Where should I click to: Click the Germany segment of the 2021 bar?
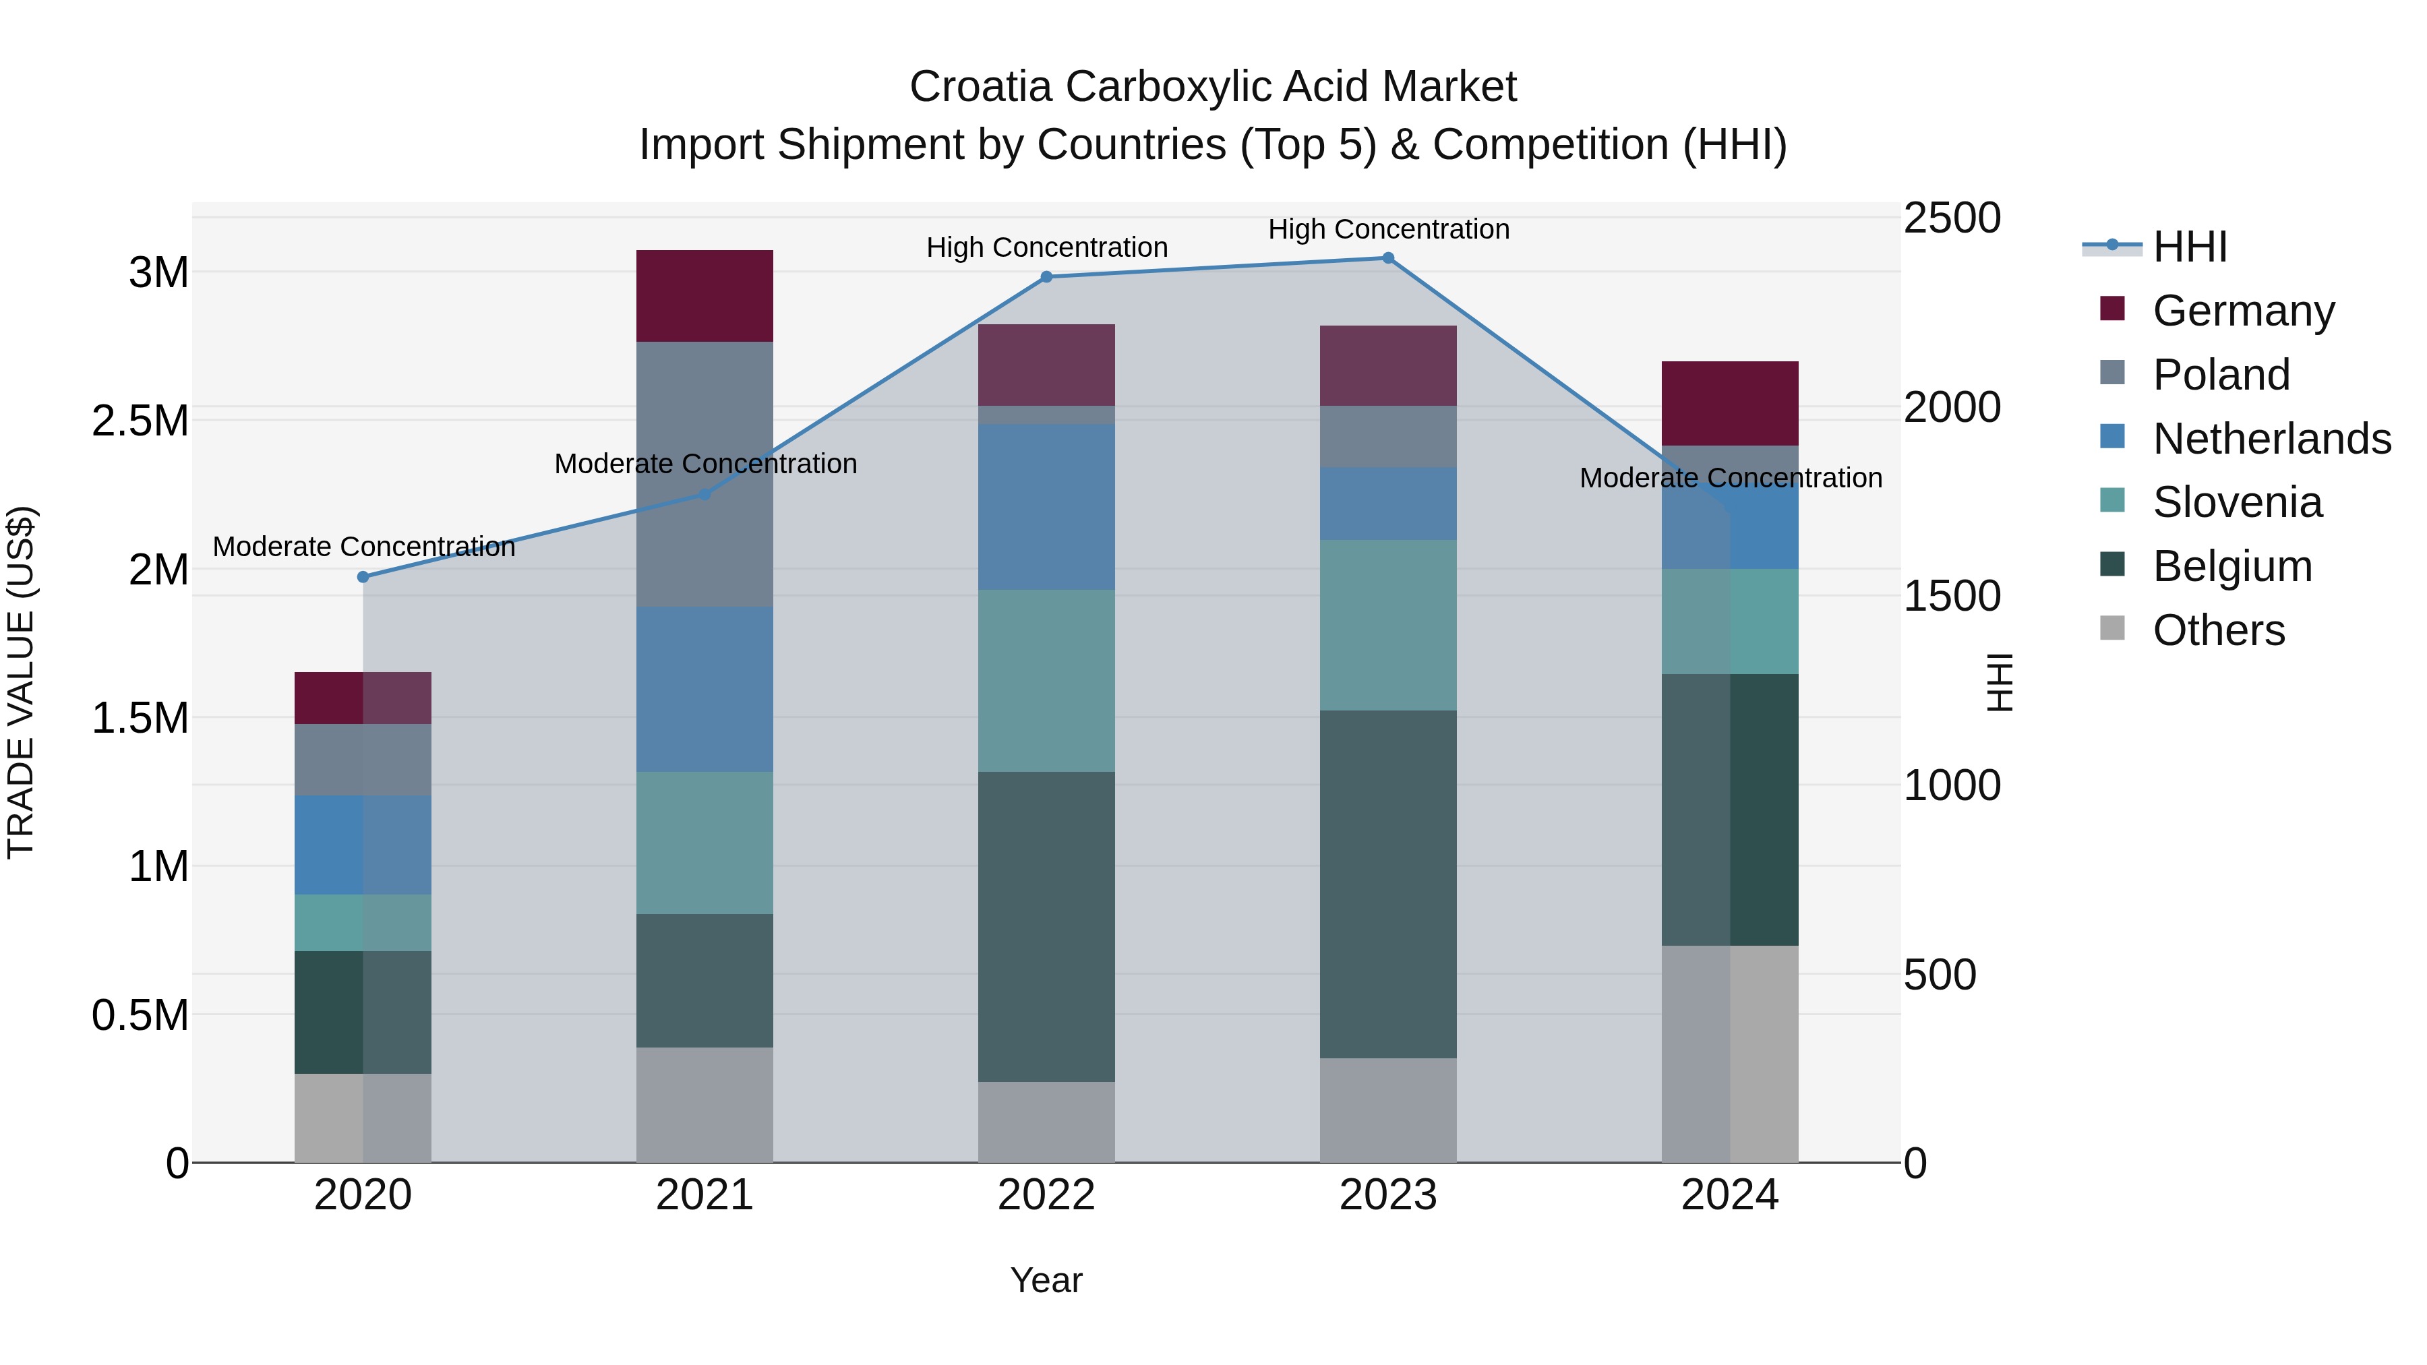pyautogui.click(x=704, y=296)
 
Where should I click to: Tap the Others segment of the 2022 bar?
pyautogui.click(x=1046, y=1121)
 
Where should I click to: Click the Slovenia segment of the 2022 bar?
pyautogui.click(x=1046, y=680)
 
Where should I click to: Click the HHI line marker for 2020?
pyautogui.click(x=363, y=576)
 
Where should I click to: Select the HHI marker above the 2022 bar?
pyautogui.click(x=1046, y=277)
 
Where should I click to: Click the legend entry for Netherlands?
pyautogui.click(x=2271, y=439)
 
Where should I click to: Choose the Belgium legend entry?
pyautogui.click(x=2231, y=566)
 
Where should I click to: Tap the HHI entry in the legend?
pyautogui.click(x=2188, y=247)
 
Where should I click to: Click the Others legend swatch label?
pyautogui.click(x=2218, y=630)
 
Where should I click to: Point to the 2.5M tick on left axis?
pyautogui.click(x=140, y=421)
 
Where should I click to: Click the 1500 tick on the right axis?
pyautogui.click(x=1951, y=597)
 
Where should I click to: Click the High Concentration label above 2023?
pyautogui.click(x=1388, y=229)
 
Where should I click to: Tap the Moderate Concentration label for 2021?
pyautogui.click(x=705, y=464)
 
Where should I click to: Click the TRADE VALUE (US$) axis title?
pyautogui.click(x=22, y=682)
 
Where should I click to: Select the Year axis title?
pyautogui.click(x=1046, y=1280)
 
